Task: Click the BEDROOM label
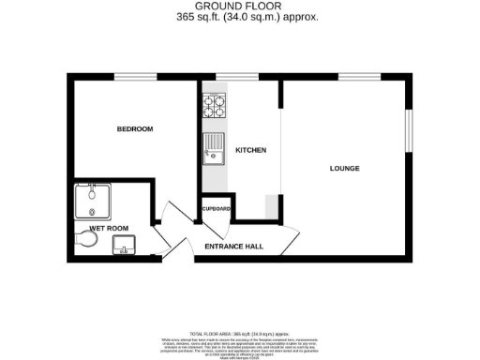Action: (134, 128)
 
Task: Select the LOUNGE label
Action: (345, 168)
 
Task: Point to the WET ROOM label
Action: (108, 228)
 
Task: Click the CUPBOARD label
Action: (216, 208)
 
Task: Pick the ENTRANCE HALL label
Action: (235, 247)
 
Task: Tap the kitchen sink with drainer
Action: (215, 148)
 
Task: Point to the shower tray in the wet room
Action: (92, 201)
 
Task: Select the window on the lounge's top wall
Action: (352, 76)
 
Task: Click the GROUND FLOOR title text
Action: (239, 7)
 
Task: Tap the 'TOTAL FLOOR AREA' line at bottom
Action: (239, 333)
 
